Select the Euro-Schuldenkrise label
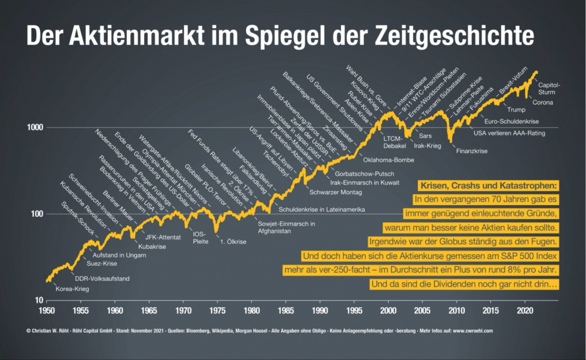click(512, 122)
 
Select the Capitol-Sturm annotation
click(549, 88)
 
